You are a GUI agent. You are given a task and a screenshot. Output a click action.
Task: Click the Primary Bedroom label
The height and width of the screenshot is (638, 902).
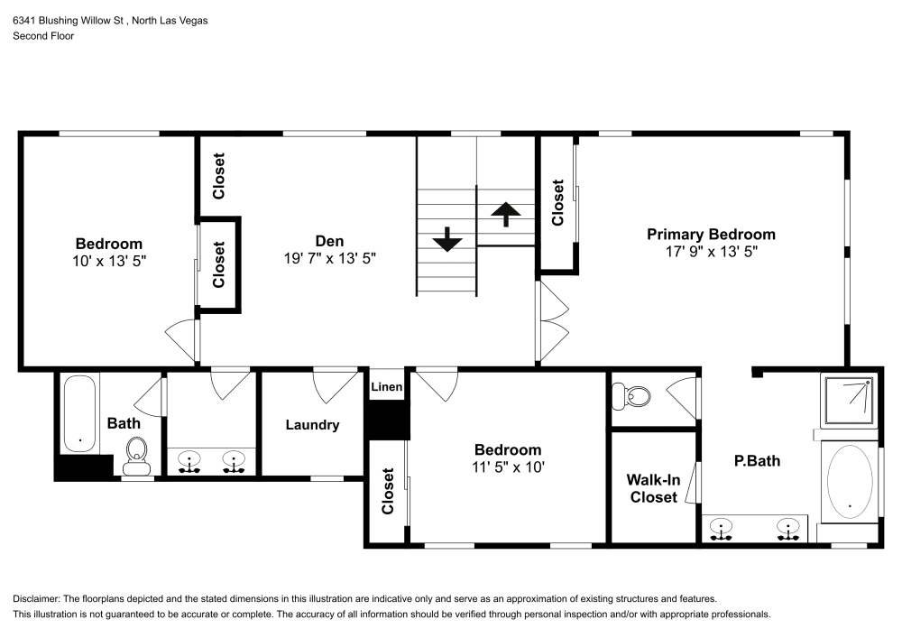[x=711, y=235]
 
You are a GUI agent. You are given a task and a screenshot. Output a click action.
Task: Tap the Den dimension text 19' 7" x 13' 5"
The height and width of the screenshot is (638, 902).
[x=329, y=257]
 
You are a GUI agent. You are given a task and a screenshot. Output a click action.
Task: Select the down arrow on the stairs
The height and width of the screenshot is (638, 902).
[x=447, y=241]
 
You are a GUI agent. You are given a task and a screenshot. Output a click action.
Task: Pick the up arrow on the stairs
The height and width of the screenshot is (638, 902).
[x=506, y=214]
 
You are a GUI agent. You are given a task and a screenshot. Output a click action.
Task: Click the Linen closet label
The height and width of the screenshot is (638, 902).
[x=387, y=387]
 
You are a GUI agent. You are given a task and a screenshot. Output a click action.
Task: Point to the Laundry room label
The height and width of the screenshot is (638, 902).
[x=312, y=425]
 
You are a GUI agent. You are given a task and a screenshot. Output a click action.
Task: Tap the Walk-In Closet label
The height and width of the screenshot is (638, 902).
[x=654, y=488]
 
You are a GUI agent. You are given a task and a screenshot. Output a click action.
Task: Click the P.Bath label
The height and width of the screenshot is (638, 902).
[x=757, y=461]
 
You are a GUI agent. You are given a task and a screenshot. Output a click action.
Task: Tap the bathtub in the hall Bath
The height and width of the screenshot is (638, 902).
[x=80, y=414]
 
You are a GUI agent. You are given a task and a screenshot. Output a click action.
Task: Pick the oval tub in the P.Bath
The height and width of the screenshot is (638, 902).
[x=850, y=481]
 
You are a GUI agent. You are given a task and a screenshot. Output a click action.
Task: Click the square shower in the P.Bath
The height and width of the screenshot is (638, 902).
[x=849, y=400]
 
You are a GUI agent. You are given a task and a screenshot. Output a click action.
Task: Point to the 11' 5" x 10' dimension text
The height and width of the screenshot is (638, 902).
[x=509, y=467]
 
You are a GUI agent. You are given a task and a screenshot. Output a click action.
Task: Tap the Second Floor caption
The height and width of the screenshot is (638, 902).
[x=43, y=36]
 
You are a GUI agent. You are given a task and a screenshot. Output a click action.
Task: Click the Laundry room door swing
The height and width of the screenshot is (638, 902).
[x=333, y=385]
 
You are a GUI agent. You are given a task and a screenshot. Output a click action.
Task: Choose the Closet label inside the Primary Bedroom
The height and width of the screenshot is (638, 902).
[x=558, y=203]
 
